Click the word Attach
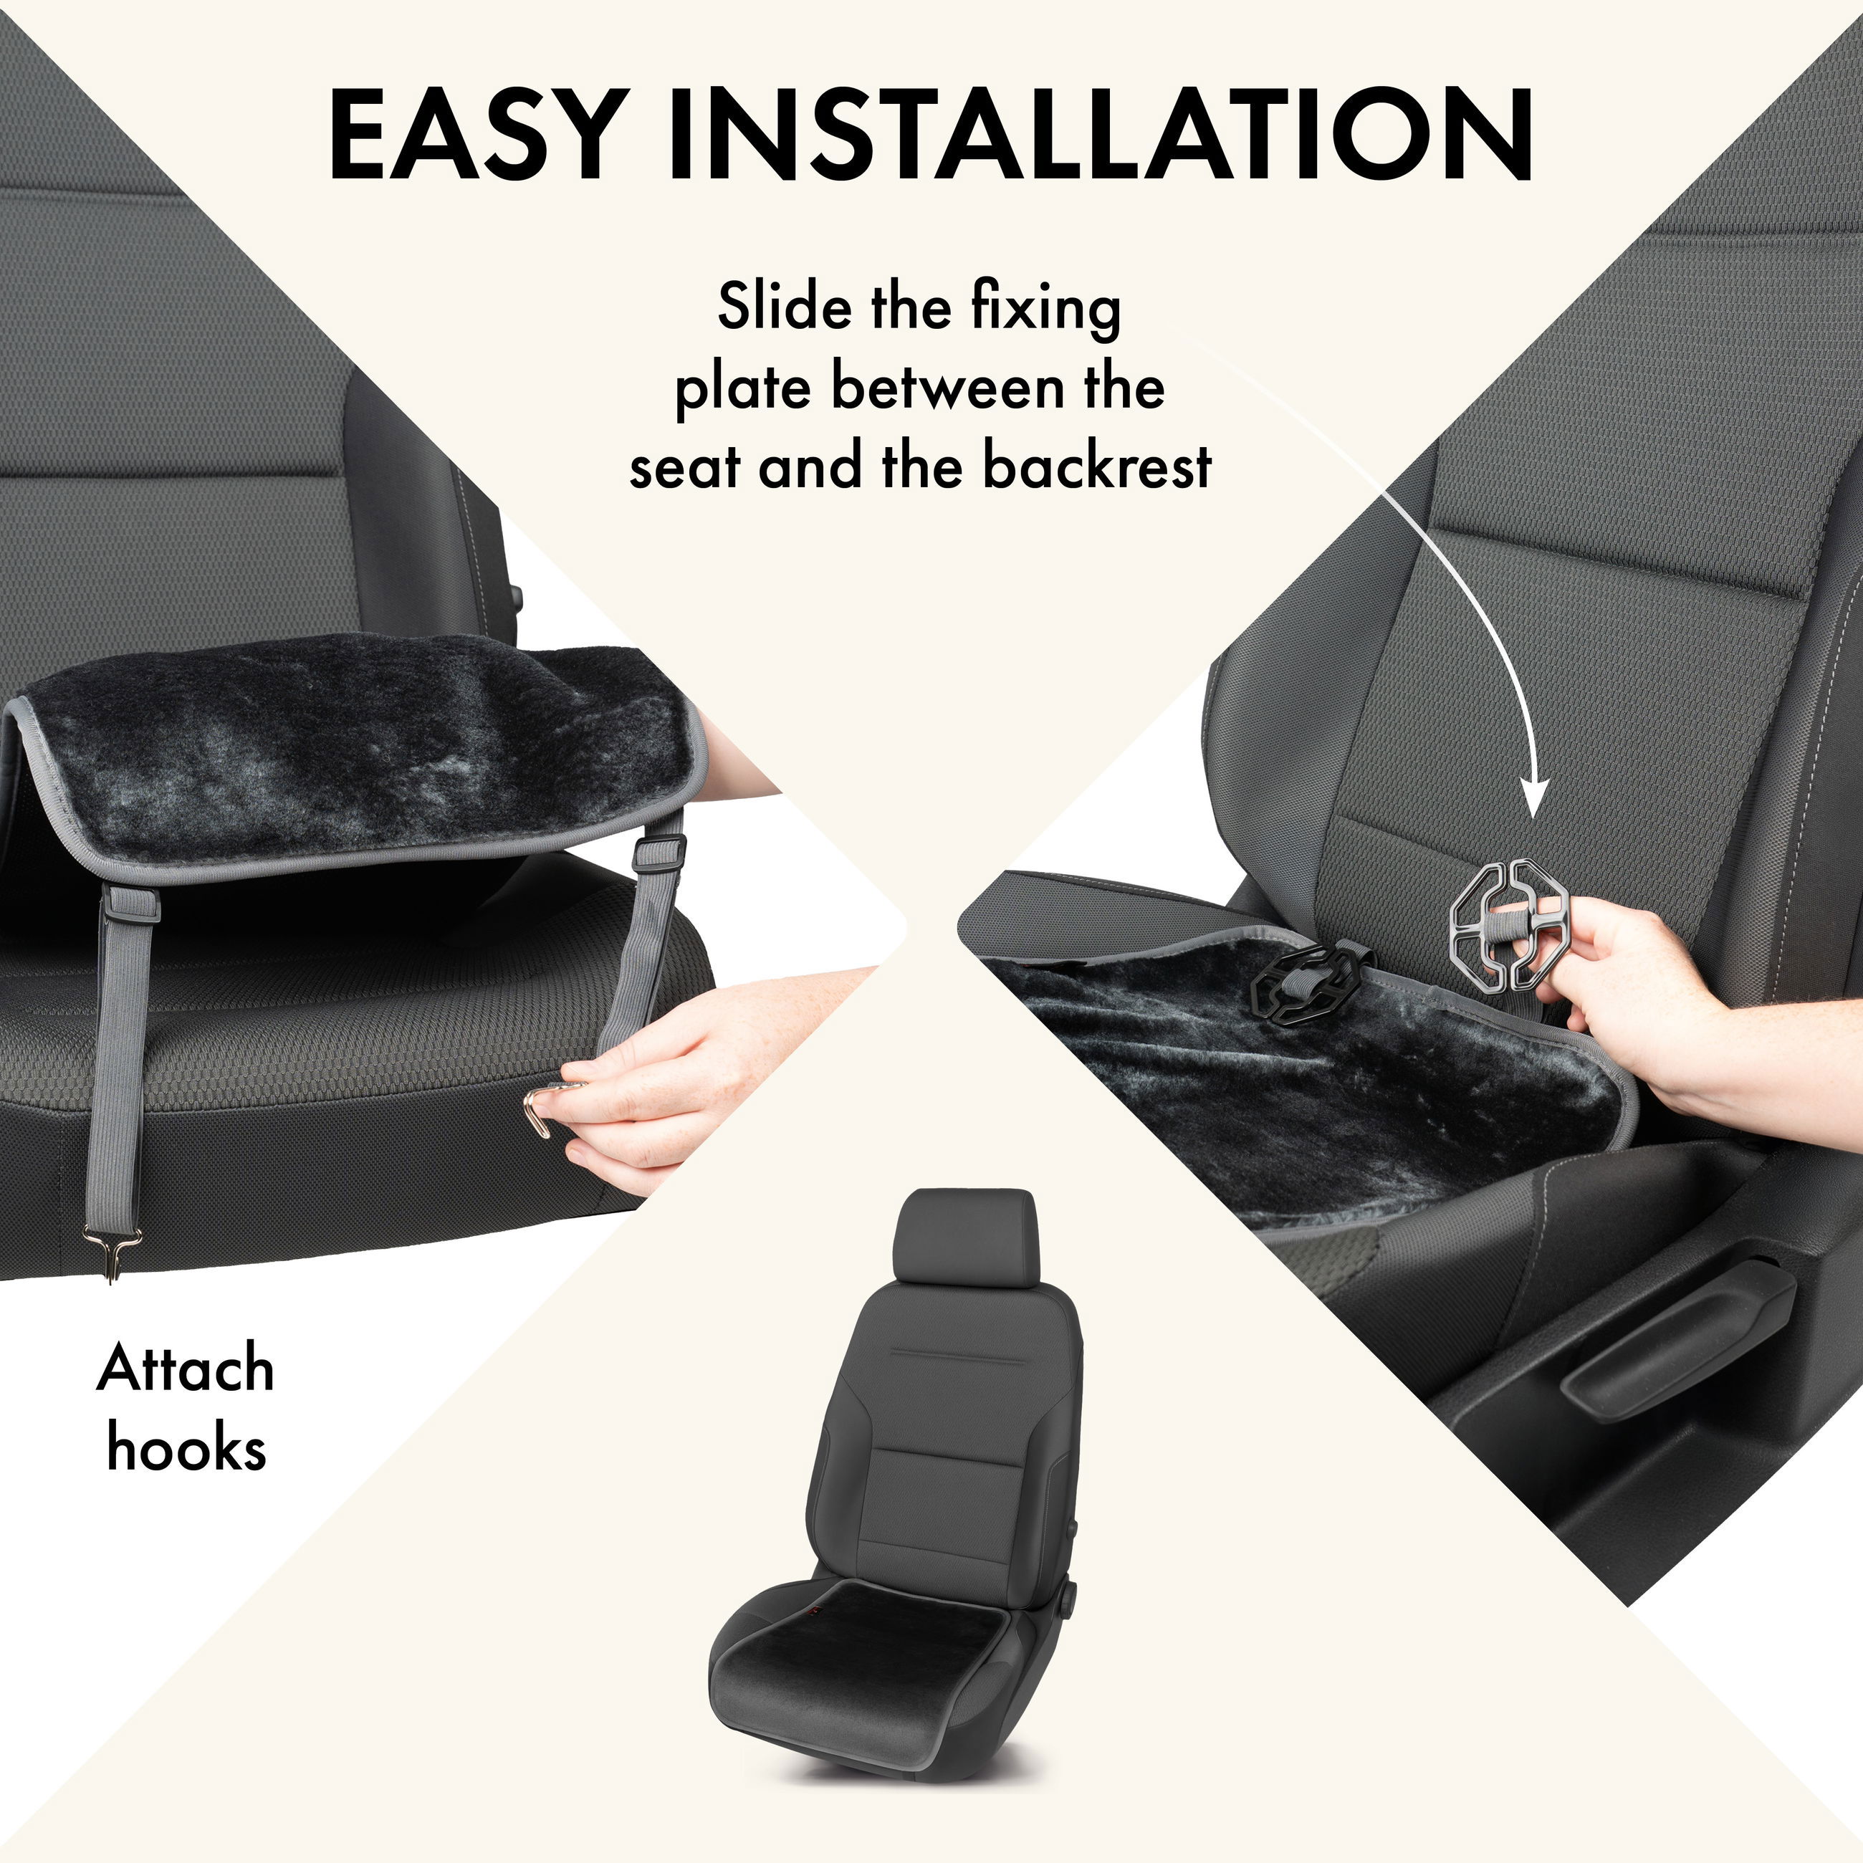pyautogui.click(x=185, y=1370)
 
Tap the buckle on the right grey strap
pyautogui.click(x=659, y=851)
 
